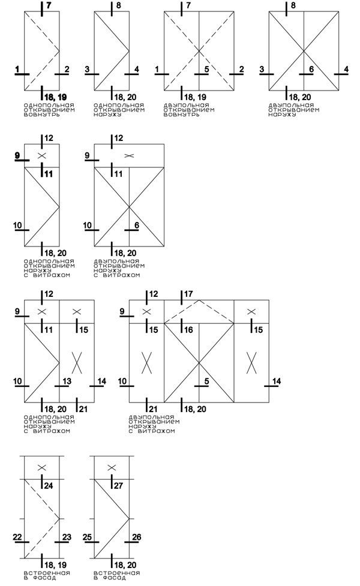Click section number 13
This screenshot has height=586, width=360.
click(x=67, y=381)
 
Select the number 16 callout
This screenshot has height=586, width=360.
click(x=189, y=330)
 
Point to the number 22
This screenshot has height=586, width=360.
click(x=17, y=537)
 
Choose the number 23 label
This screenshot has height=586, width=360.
click(x=67, y=537)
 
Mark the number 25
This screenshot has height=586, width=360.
click(x=87, y=537)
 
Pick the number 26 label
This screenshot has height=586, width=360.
click(x=137, y=537)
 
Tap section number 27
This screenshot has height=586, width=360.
click(x=119, y=485)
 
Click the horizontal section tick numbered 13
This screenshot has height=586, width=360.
click(x=62, y=386)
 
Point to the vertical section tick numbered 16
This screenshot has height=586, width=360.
click(x=182, y=326)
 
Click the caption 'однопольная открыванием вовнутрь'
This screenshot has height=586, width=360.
click(x=49, y=110)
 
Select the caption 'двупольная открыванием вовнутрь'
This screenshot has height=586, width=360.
click(x=189, y=110)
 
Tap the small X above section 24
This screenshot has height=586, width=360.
click(x=42, y=467)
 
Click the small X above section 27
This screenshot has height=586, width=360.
click(x=112, y=467)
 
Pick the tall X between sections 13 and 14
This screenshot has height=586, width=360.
click(x=77, y=362)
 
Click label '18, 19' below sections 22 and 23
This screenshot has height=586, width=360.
click(x=55, y=564)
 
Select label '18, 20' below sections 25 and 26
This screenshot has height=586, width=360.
click(x=125, y=564)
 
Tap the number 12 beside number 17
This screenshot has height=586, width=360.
click(x=154, y=294)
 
